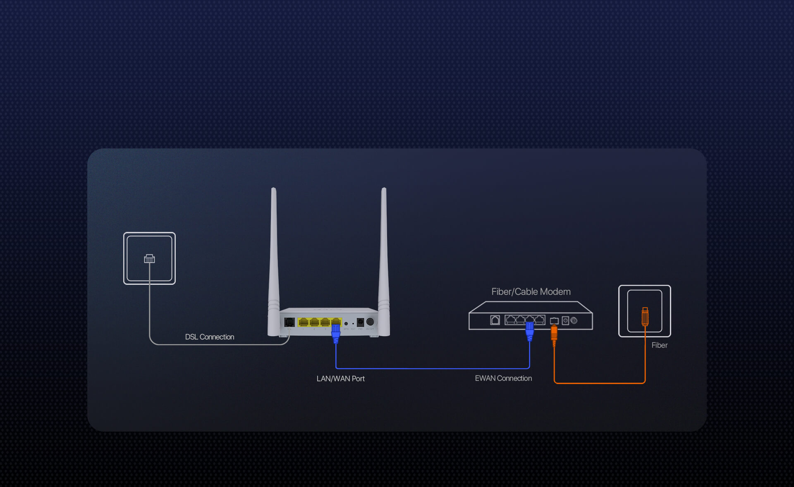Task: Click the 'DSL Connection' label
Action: point(209,337)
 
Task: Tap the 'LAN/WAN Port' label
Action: point(340,379)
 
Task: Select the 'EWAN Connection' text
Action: point(503,378)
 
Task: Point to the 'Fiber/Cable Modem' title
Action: point(531,292)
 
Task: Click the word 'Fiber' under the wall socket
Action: point(659,345)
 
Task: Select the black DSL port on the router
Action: point(289,322)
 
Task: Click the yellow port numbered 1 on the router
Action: point(303,322)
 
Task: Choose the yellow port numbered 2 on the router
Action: point(314,322)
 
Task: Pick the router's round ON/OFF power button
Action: point(370,322)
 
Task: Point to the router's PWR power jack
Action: point(360,322)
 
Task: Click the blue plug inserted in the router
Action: point(336,332)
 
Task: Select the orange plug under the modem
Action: point(554,334)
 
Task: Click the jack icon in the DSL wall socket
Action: point(149,259)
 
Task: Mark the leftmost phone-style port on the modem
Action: point(495,320)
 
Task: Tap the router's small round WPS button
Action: point(346,323)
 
